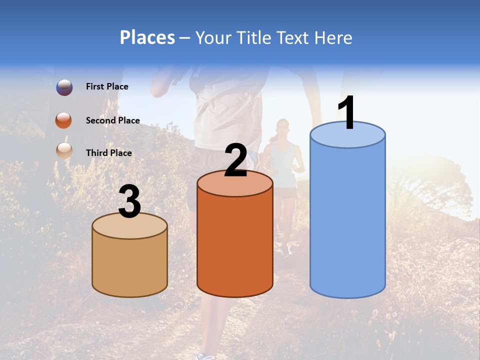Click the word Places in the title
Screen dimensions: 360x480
tap(147, 38)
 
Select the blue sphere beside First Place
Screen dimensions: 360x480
tap(64, 87)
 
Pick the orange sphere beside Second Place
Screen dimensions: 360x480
tap(64, 120)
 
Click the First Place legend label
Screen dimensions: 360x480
tap(107, 86)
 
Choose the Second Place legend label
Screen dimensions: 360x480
tap(112, 120)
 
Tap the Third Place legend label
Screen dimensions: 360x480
tap(108, 153)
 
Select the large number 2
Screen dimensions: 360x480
tap(236, 160)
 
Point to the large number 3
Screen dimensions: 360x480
tap(130, 201)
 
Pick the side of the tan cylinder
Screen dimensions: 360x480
tap(130, 265)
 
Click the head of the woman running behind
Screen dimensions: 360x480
tap(282, 127)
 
